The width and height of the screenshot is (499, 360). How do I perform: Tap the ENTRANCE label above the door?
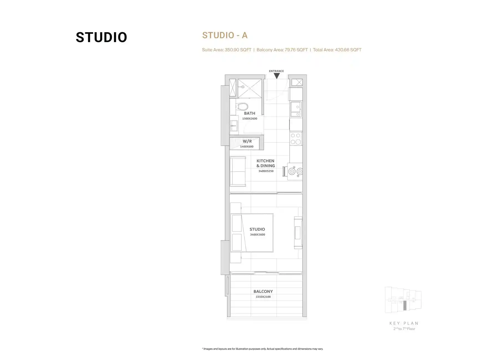tap(276, 71)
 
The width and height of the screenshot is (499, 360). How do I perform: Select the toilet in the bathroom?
tap(242, 106)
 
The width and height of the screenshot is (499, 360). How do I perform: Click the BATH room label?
tap(249, 113)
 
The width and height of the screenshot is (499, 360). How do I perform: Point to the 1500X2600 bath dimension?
tap(250, 119)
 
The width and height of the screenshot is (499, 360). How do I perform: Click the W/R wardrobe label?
tap(247, 141)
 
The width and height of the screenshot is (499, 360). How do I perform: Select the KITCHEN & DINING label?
tap(266, 163)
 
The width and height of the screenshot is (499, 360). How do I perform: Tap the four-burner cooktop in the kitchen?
tap(296, 139)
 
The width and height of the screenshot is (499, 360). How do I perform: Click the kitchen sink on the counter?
tap(296, 109)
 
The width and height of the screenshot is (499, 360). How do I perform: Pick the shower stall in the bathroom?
tap(250, 88)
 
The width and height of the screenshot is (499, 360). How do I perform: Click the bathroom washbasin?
tap(234, 126)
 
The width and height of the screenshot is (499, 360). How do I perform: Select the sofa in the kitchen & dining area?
tap(238, 171)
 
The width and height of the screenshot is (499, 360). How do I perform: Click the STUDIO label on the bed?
tap(257, 229)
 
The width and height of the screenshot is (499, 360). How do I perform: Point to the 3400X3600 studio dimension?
tap(258, 235)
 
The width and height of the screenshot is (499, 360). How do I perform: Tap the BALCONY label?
tap(263, 291)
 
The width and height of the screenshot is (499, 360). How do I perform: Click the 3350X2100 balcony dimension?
tap(263, 297)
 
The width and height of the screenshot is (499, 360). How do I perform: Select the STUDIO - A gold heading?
tap(225, 35)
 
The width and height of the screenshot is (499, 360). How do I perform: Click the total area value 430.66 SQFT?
tap(348, 50)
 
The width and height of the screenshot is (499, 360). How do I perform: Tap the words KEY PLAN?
tap(404, 323)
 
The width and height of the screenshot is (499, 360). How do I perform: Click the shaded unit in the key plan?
tap(405, 305)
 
